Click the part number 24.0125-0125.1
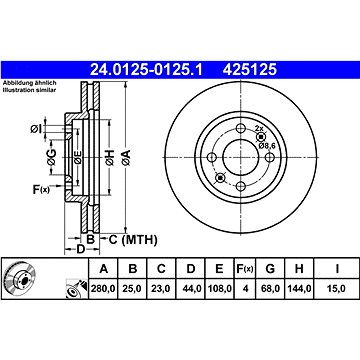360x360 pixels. click(x=146, y=70)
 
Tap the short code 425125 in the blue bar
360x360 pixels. click(x=250, y=70)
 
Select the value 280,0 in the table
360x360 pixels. click(x=103, y=289)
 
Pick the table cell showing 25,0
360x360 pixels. click(x=133, y=289)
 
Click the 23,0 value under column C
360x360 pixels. click(x=161, y=289)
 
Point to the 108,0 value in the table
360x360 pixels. click(x=219, y=289)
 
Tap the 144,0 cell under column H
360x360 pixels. click(x=299, y=289)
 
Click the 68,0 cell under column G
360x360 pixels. click(x=270, y=289)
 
